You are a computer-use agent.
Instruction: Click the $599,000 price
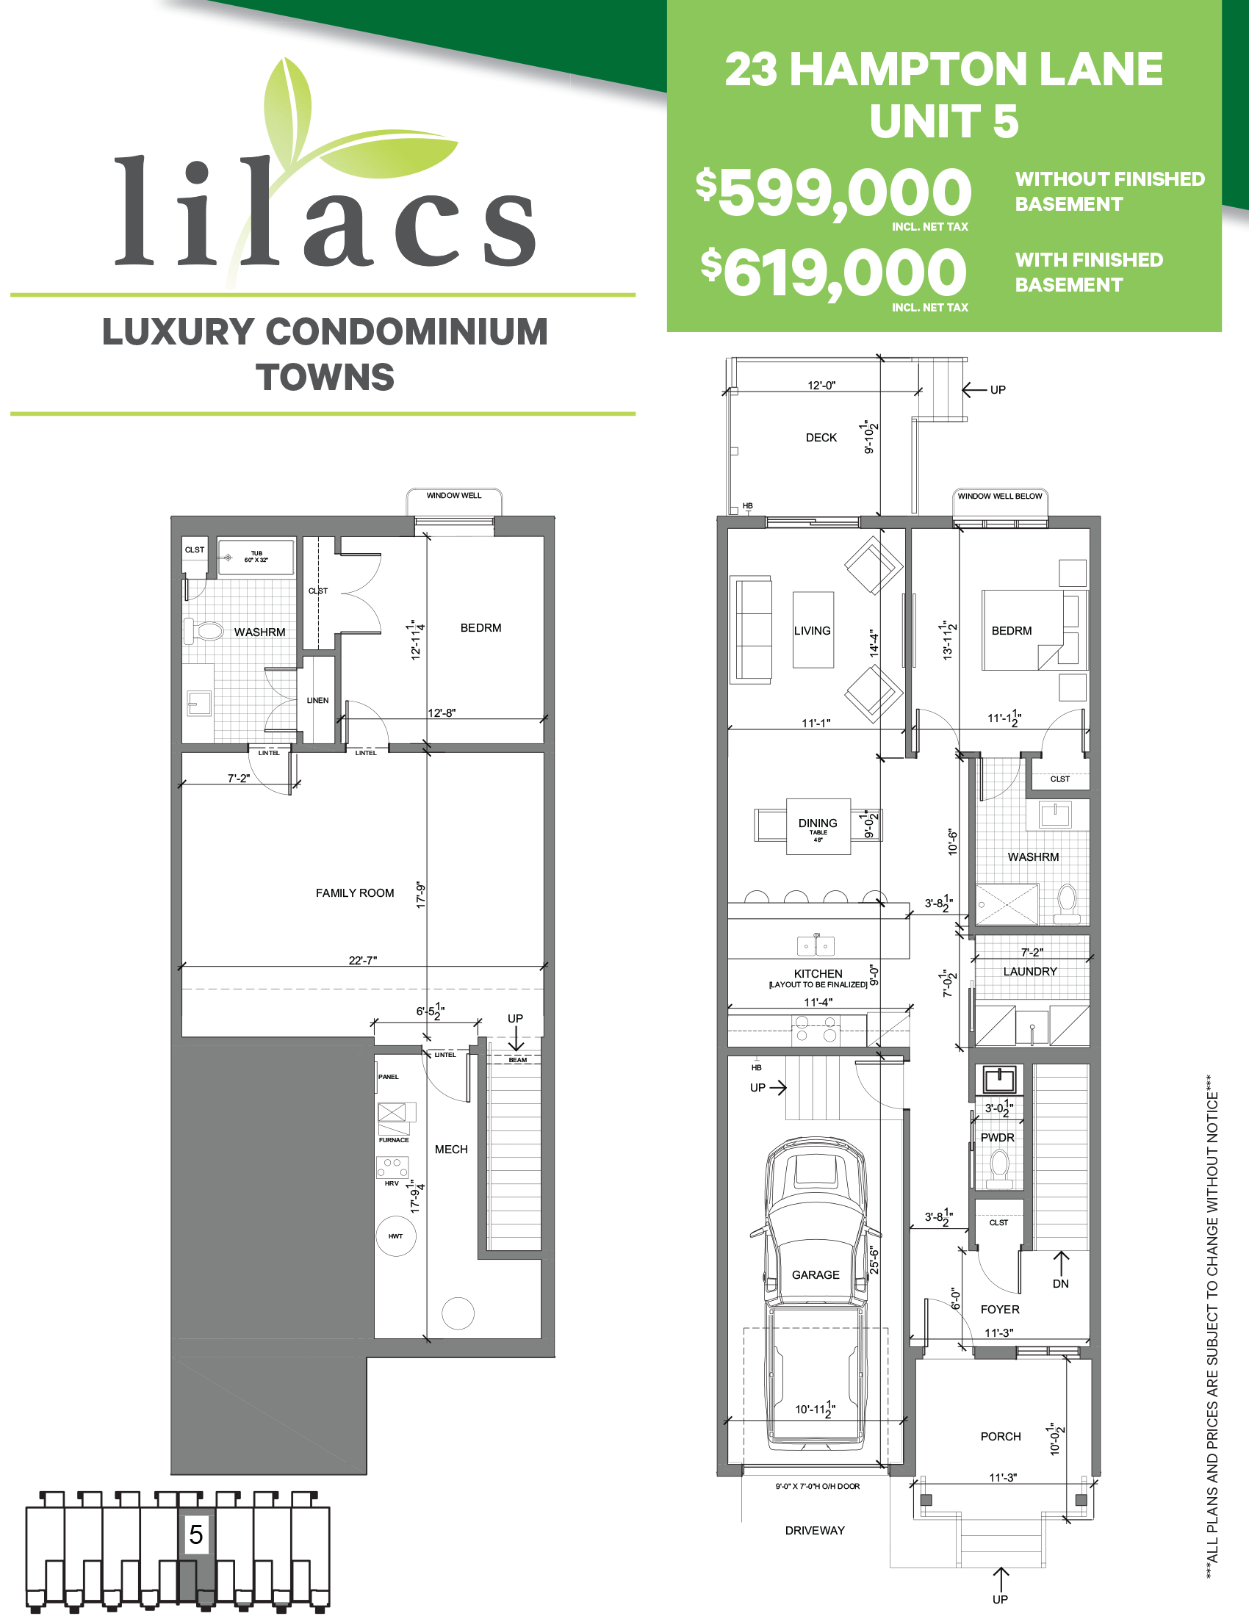834,193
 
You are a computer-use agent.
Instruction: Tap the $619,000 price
834,274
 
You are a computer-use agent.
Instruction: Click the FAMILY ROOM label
354,893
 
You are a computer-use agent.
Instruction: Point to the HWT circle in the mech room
396,1236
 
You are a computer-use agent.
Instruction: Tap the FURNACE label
394,1139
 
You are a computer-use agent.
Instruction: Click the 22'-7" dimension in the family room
362,961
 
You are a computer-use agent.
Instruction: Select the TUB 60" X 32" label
256,557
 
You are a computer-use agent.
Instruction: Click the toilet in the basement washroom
204,631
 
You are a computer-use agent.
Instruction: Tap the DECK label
821,437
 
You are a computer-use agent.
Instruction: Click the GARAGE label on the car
816,1275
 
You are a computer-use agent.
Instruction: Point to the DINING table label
818,823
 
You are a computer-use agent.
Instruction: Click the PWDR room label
998,1137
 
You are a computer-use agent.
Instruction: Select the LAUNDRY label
1030,972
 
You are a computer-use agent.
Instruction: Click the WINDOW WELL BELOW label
1000,496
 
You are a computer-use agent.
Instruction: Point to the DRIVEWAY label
815,1530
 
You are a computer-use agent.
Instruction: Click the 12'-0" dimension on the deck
821,385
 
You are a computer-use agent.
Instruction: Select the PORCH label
1001,1436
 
